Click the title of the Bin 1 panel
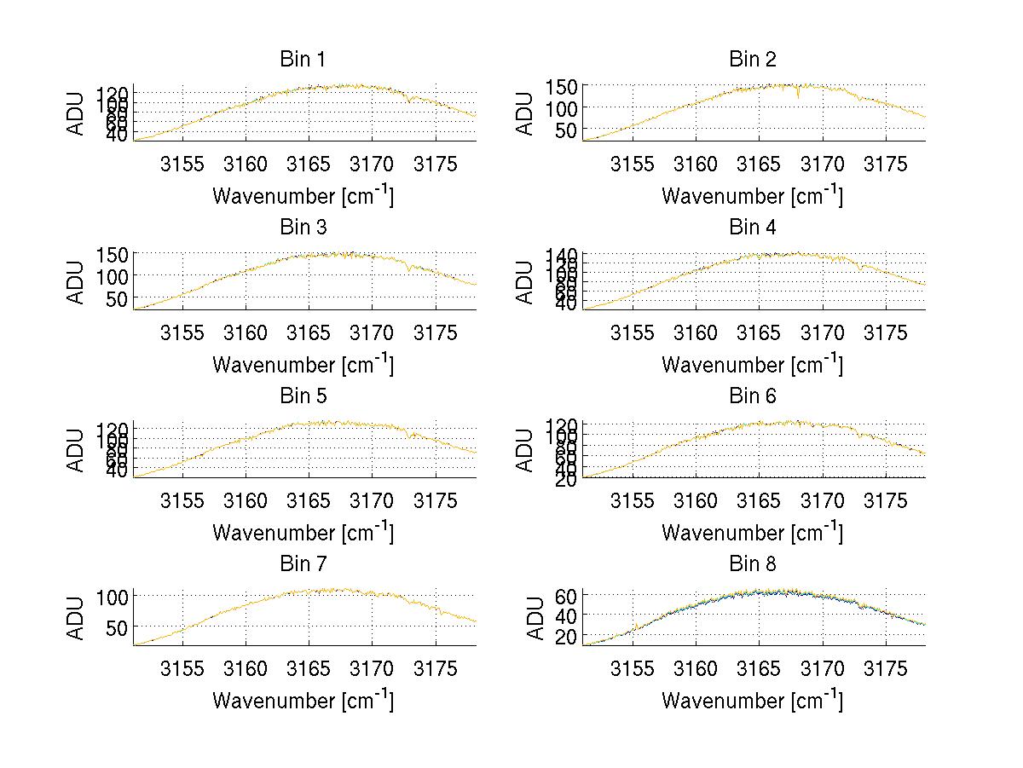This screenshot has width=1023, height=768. tap(303, 60)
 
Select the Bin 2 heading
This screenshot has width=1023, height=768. tap(753, 60)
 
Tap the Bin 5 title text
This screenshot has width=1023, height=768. tap(303, 396)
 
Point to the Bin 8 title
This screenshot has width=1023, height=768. tap(753, 564)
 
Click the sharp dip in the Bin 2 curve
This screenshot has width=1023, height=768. tap(798, 95)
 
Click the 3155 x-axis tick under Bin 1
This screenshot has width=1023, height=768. tap(182, 165)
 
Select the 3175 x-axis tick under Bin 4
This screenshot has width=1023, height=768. tap(886, 332)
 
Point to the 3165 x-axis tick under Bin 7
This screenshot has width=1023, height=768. tap(309, 669)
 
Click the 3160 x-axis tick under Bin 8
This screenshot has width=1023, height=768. tap(696, 669)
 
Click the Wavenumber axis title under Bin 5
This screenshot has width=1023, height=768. tap(303, 533)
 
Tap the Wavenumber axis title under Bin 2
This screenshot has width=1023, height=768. tap(753, 196)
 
